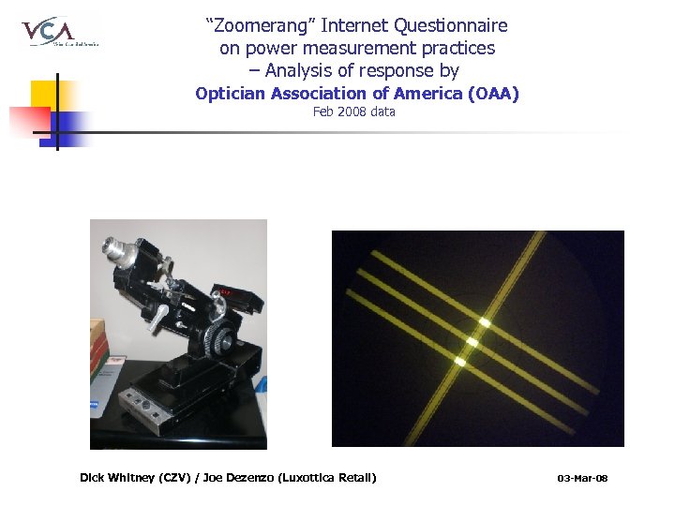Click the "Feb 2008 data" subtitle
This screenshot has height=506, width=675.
pyautogui.click(x=353, y=112)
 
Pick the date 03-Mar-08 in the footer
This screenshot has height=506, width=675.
pyautogui.click(x=582, y=479)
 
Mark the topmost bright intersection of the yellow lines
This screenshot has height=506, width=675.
pyautogui.click(x=485, y=322)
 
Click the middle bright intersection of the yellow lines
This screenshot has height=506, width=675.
pyautogui.click(x=472, y=343)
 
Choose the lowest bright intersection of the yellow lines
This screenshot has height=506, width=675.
pyautogui.click(x=459, y=361)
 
